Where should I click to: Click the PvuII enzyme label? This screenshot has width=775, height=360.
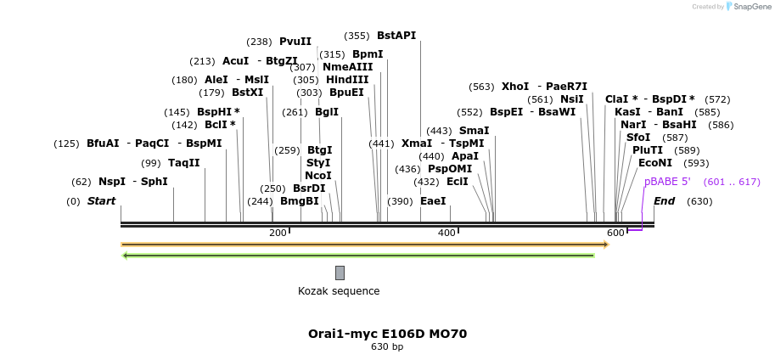point(295,42)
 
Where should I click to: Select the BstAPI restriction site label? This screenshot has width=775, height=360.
point(396,36)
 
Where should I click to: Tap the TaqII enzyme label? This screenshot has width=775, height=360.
point(183,163)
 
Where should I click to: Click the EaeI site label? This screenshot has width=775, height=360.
point(433,201)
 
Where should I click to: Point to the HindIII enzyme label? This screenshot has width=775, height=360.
point(347,80)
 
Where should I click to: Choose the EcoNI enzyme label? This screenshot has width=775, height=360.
point(654,163)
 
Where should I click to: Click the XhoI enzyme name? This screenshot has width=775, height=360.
point(514,87)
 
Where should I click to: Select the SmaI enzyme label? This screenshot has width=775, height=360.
point(474,131)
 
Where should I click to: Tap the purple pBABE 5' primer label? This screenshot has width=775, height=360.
point(667,182)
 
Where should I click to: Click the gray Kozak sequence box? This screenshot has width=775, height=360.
point(340,273)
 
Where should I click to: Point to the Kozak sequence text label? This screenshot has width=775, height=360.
point(339,291)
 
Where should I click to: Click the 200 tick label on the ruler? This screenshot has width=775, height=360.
point(278,233)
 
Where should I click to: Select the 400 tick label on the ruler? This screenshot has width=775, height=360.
point(446,233)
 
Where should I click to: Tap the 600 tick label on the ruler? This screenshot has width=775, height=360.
point(615,233)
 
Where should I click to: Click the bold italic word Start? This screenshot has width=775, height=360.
point(101,201)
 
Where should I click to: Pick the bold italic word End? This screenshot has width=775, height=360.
point(664,201)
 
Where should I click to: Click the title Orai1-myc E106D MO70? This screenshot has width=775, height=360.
point(387,334)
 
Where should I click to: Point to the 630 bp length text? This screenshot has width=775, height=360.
point(387,346)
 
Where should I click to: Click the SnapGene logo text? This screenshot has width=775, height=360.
point(752,7)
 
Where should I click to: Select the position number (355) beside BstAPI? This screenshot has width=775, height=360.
point(357,36)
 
